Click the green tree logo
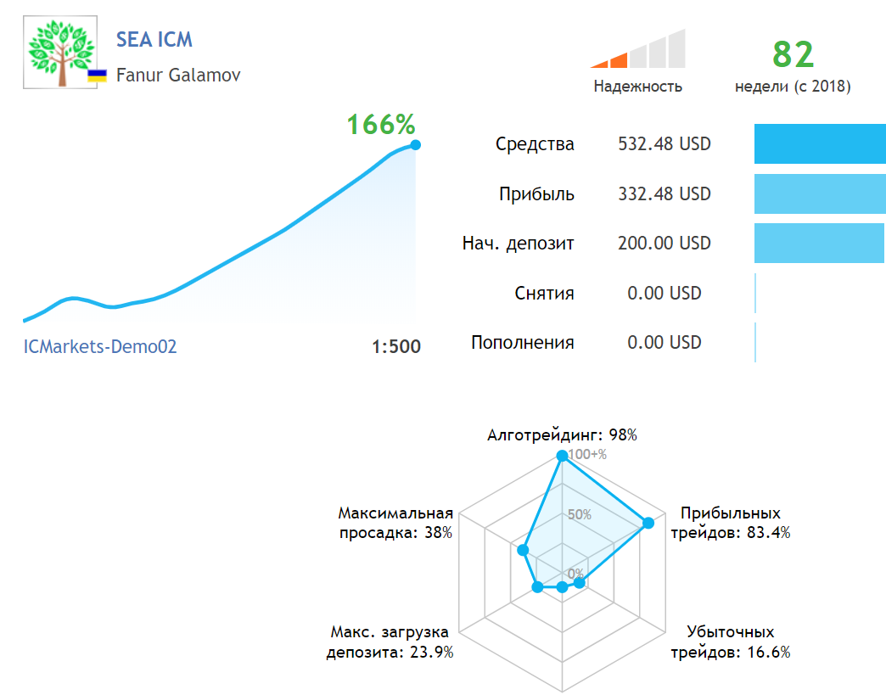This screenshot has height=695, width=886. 59,53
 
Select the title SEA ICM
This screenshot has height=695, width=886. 154,40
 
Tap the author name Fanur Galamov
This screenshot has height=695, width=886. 178,75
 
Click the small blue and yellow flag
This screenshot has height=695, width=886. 98,76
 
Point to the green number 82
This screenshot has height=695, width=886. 793,54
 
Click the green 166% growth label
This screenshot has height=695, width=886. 381,125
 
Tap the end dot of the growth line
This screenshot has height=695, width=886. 415,145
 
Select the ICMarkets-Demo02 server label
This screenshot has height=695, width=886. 100,346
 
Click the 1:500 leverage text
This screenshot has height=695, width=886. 395,346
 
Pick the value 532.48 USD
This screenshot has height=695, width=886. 664,144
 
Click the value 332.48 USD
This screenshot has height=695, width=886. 664,194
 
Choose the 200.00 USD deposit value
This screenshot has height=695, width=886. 664,244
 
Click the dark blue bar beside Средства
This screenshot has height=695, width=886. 819,144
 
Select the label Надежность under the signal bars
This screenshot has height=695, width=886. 637,86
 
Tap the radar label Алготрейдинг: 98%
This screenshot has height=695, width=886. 562,435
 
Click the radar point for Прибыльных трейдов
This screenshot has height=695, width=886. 648,523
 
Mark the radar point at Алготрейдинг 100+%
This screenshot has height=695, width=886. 562,456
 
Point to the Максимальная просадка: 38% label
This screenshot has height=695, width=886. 395,523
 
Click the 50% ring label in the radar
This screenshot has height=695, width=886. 580,514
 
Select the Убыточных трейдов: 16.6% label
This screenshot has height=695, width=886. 731,642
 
